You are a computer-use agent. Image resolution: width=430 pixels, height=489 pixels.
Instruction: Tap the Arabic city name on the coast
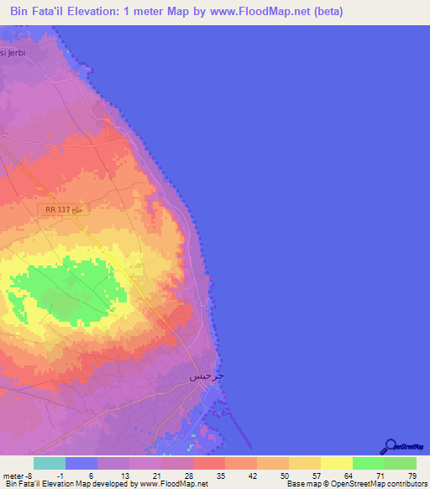[x=207, y=376]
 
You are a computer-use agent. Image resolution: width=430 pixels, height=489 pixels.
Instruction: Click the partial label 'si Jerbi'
[x=15, y=52]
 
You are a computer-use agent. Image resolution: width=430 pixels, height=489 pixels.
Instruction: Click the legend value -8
[x=28, y=476]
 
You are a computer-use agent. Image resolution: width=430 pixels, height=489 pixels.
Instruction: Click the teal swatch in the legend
[x=50, y=463]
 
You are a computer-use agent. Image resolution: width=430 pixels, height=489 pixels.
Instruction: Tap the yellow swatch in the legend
[x=337, y=463]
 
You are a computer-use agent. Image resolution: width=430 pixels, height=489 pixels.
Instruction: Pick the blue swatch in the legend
[x=81, y=463]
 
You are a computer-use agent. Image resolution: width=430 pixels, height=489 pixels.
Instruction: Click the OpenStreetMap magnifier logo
[x=390, y=446]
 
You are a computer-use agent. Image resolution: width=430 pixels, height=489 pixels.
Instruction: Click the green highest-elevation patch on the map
[x=67, y=290]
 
